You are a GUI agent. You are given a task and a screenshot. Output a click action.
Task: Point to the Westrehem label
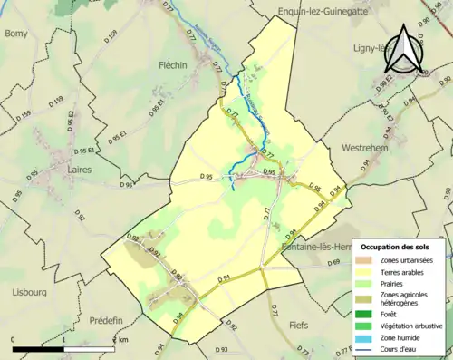tap(364, 147)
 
